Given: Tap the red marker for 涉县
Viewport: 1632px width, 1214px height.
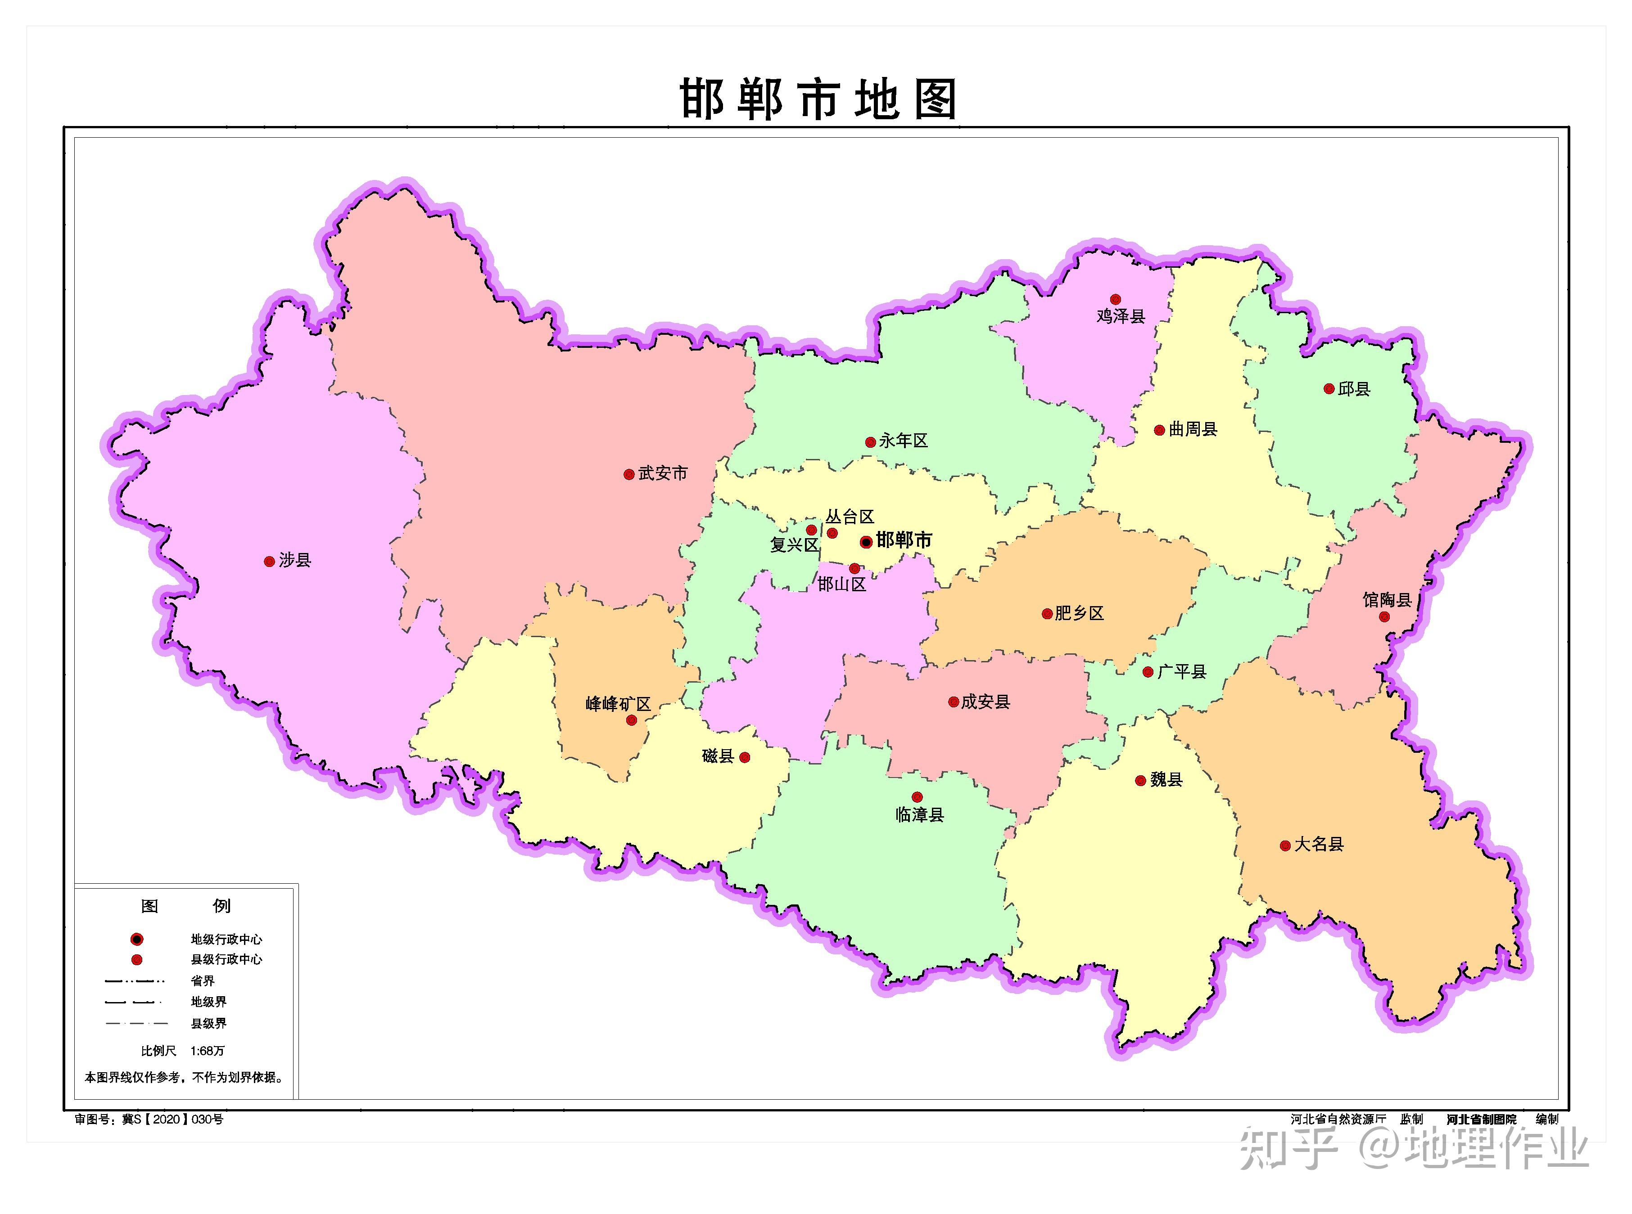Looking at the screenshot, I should point(269,562).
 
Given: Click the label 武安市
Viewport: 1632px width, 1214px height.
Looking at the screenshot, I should point(662,474).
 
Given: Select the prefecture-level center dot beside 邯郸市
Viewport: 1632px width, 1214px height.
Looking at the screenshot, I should point(866,542).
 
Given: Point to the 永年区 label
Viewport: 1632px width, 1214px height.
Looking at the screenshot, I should point(904,441).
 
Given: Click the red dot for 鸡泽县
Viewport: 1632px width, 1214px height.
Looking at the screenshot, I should point(1115,299).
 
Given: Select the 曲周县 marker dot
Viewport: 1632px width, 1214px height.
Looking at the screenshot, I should point(1159,430).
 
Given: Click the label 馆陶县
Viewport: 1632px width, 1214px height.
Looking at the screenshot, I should point(1387,600).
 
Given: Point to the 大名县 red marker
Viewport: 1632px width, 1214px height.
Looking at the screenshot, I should point(1285,846).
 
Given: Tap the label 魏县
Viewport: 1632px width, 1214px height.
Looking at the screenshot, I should point(1166,780).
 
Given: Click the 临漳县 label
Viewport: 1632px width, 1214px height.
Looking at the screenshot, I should point(920,815).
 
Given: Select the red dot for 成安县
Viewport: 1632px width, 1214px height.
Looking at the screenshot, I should point(954,702).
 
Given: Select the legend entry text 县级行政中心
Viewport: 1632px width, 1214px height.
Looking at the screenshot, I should point(226,959).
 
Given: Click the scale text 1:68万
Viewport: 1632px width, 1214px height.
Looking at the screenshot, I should point(207,1051).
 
